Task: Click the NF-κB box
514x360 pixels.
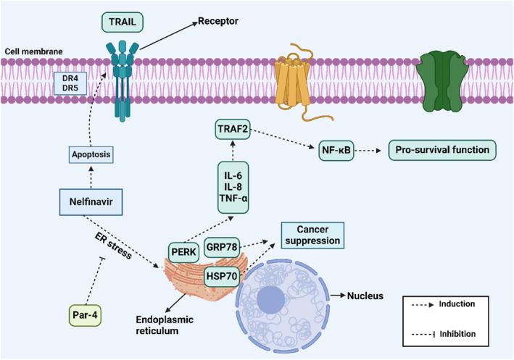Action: (337, 151)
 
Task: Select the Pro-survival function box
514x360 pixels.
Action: (444, 151)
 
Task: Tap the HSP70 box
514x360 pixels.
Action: (228, 274)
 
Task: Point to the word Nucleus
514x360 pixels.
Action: (365, 296)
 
